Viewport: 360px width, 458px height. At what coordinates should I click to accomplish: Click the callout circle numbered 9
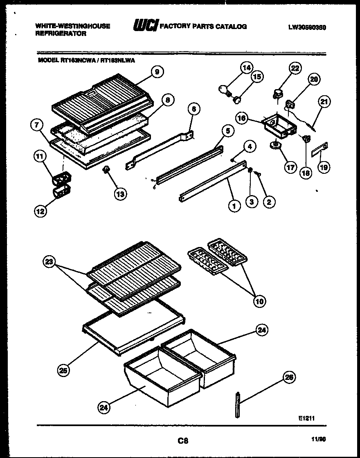click(x=157, y=72)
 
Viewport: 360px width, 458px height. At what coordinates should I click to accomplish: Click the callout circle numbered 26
click(x=289, y=378)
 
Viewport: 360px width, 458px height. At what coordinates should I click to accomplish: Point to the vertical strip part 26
click(x=237, y=405)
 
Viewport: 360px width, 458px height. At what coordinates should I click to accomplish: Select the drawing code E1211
click(x=306, y=418)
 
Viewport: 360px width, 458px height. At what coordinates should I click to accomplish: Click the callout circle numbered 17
click(x=290, y=167)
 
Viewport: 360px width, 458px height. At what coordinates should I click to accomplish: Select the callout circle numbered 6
click(x=194, y=108)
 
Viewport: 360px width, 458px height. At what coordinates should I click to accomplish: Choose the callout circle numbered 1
click(x=234, y=206)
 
